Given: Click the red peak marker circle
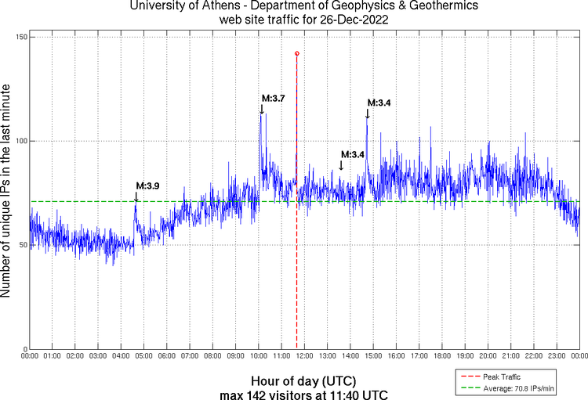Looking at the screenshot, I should [296, 53].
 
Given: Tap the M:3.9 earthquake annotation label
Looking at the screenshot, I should [147, 186].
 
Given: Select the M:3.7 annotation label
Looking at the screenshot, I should [273, 99].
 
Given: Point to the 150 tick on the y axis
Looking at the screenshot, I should [20, 38].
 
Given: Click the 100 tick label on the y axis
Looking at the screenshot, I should [20, 141].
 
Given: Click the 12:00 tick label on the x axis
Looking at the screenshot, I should [304, 356].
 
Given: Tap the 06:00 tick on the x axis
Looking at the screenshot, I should [167, 356].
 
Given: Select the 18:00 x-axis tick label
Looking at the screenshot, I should [442, 356].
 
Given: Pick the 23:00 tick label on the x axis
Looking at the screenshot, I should [557, 356].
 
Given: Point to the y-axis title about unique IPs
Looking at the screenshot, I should [6, 193].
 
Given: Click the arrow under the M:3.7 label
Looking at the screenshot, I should [262, 109].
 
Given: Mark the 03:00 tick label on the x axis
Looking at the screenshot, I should [98, 356].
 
